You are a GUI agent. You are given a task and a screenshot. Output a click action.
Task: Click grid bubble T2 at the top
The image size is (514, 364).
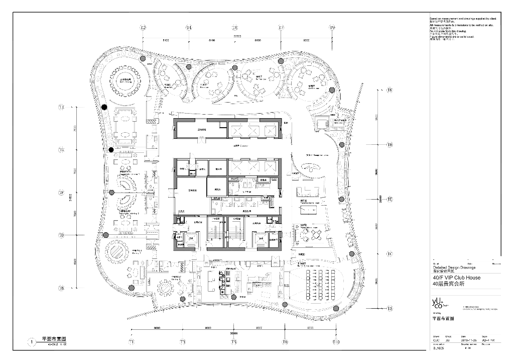pos(143,28)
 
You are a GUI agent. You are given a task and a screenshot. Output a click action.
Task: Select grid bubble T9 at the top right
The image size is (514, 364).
pos(332,28)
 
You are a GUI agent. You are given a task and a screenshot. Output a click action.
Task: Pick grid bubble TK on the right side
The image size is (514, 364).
pos(390,90)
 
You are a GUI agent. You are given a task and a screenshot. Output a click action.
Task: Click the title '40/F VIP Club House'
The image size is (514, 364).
pos(456,278)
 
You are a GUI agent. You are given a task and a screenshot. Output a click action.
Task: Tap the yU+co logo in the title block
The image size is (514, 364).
pos(437,303)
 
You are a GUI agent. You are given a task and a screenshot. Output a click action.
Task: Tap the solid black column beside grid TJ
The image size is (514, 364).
pos(104,107)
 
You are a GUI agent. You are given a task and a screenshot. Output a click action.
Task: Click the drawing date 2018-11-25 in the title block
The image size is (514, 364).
pos(468,340)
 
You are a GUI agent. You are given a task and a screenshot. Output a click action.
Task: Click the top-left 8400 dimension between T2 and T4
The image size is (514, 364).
pos(166,39)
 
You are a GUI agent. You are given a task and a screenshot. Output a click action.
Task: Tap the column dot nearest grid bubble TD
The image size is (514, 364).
pos(105,235)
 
